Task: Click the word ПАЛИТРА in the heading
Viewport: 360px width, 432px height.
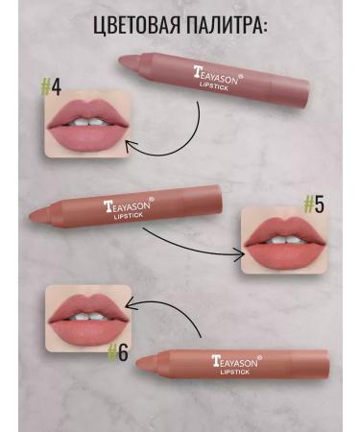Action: point(229,26)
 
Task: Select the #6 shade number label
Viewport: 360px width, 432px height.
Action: point(117,351)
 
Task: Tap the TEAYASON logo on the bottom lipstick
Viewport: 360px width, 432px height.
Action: point(240,363)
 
